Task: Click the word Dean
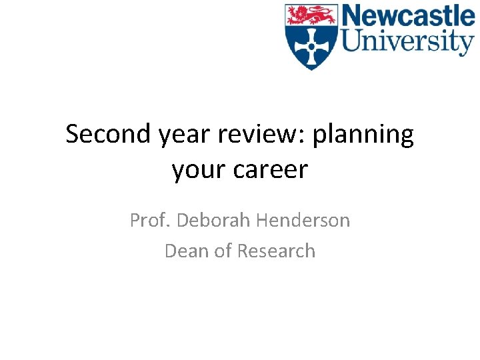(x=184, y=251)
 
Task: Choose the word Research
(x=276, y=251)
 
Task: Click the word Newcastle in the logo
(x=408, y=16)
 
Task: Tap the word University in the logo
(x=408, y=41)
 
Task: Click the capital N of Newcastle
(x=354, y=16)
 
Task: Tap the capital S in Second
(x=73, y=135)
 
